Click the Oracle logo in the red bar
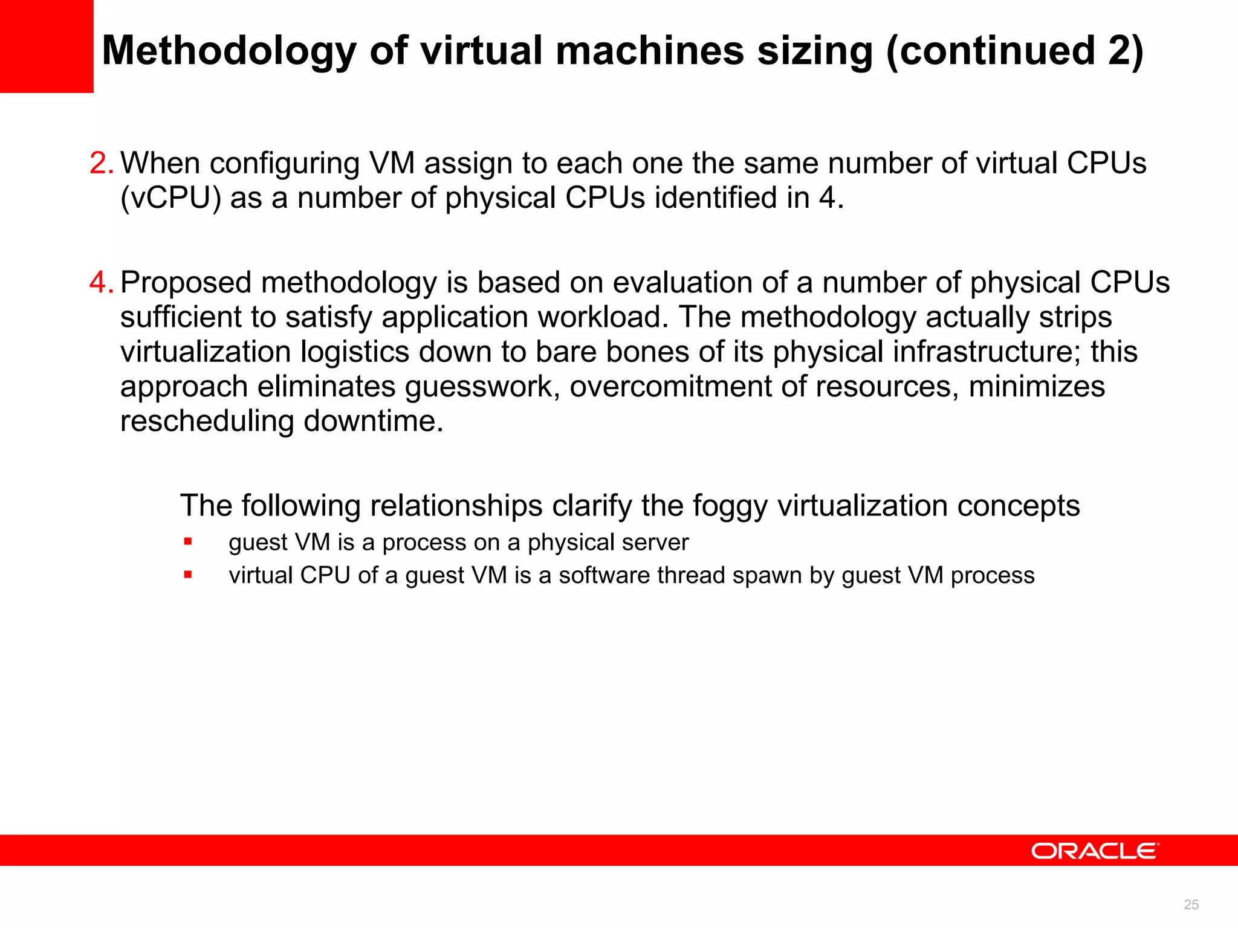(x=1095, y=851)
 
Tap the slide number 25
(x=1191, y=904)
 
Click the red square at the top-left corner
(x=46, y=46)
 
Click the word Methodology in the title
(x=229, y=51)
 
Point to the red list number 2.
(x=100, y=163)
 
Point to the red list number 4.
(x=100, y=283)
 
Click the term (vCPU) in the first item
(x=171, y=198)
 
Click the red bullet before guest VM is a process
(x=188, y=542)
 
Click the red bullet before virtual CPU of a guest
(x=188, y=575)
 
